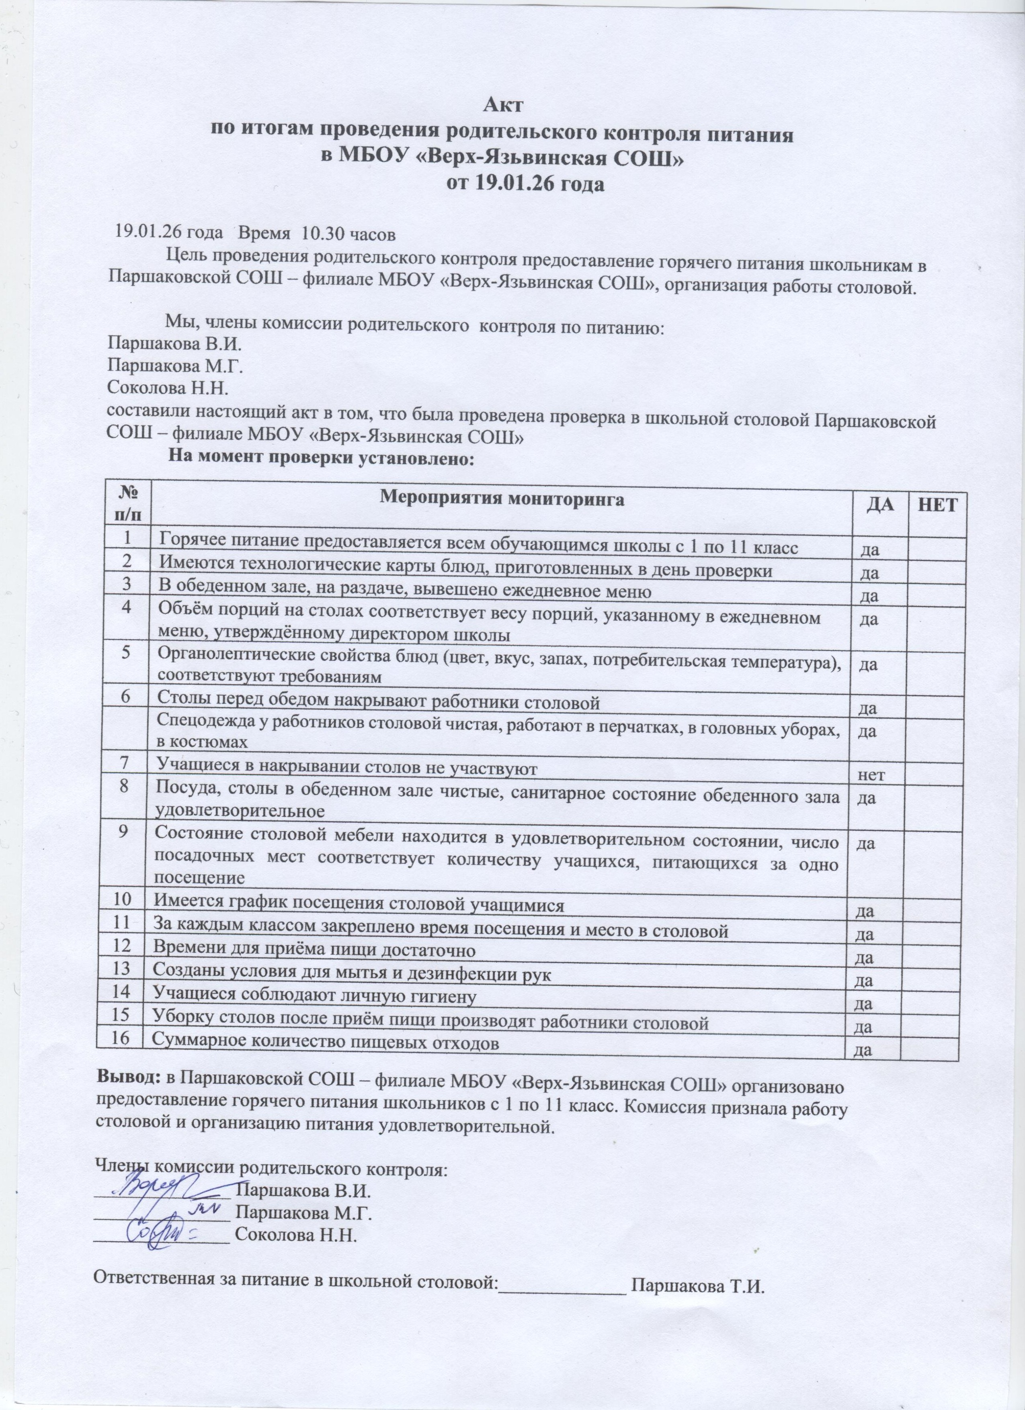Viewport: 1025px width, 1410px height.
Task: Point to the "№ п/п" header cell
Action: coord(127,505)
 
